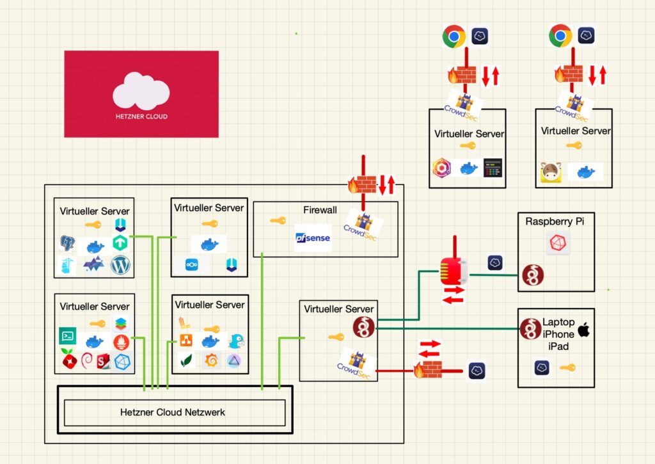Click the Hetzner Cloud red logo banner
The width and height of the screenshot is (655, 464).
pos(141,94)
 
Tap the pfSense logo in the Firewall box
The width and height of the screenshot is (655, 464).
pos(313,238)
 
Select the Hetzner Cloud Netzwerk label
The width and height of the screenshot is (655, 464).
pos(173,412)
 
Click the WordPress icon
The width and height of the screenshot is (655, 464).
pos(120,265)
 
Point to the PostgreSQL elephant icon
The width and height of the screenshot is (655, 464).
pos(67,243)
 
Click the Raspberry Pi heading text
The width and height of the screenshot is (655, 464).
pos(555,221)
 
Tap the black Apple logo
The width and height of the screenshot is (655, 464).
pos(583,330)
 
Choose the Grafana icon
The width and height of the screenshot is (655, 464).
pos(211,360)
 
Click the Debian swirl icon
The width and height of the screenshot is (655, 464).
pos(87,360)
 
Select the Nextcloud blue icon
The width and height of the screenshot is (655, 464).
pos(192,264)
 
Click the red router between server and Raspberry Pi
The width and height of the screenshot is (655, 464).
pos(454,271)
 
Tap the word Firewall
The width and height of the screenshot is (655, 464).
pos(320,210)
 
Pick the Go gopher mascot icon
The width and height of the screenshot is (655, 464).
pos(237,340)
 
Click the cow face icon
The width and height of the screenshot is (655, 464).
pos(551,172)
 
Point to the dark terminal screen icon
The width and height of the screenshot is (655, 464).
pos(493,168)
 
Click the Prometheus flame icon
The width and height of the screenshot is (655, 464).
pos(121,342)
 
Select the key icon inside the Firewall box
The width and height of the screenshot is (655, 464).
pos(278,220)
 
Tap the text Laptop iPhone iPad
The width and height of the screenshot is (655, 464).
pos(558,334)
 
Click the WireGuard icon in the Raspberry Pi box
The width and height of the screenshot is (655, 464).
pos(533,275)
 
